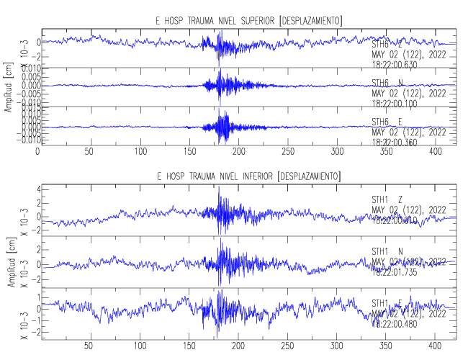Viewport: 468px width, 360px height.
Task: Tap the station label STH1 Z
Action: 387,199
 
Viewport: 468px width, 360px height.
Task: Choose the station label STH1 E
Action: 387,302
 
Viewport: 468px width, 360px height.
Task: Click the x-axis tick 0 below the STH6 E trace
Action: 37,152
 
